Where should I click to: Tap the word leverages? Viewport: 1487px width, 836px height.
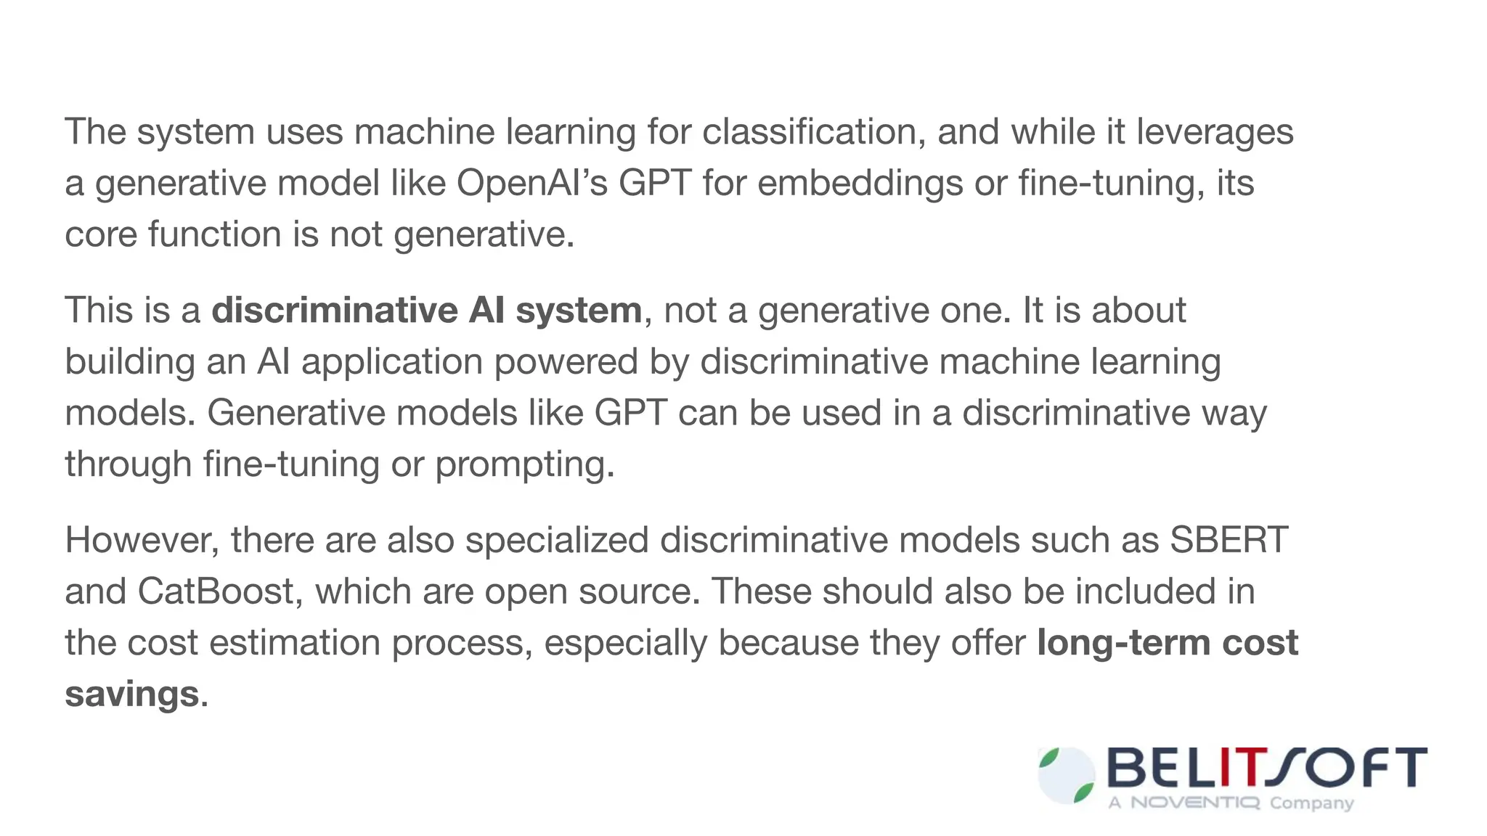[1215, 132]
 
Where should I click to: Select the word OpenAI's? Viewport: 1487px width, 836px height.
[531, 183]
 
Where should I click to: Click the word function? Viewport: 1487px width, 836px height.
[215, 234]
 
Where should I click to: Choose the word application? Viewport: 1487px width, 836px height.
[392, 361]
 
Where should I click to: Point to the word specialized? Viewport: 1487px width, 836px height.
[556, 540]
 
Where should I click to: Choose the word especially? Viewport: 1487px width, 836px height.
[625, 643]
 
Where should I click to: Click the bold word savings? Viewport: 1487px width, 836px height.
[131, 694]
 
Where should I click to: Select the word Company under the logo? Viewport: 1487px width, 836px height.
[1311, 803]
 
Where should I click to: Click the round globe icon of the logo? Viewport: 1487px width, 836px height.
[1066, 775]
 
